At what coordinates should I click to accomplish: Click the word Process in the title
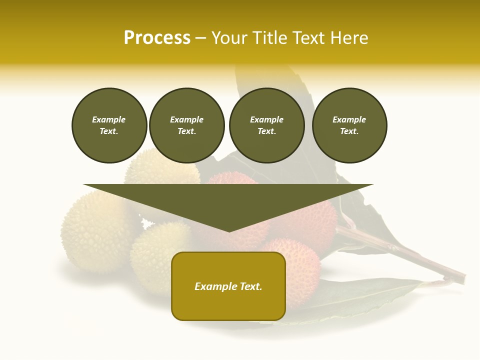tap(157, 38)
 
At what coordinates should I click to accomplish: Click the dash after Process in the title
tap(200, 39)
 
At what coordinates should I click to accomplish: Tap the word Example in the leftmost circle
tap(109, 119)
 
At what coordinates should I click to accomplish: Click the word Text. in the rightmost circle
tap(349, 131)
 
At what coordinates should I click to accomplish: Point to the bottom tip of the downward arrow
tap(228, 230)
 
